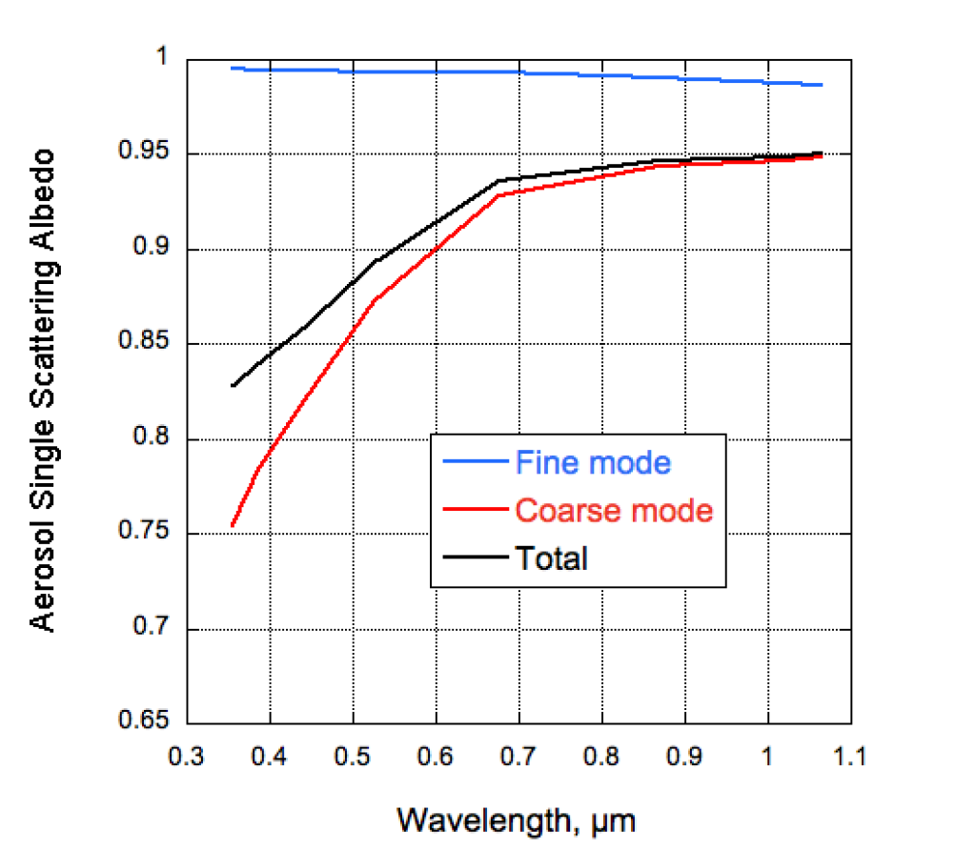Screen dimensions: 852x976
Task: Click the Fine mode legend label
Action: tap(593, 462)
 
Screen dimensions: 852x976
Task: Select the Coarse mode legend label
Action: tap(613, 510)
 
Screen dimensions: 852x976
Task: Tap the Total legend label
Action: tap(551, 558)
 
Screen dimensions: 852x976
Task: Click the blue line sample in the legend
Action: tap(475, 463)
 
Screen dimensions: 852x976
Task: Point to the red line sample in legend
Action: tap(475, 511)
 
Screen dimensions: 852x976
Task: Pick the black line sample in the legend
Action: tap(475, 558)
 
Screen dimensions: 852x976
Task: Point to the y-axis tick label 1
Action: tap(162, 58)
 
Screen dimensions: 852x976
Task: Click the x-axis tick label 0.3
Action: tap(187, 757)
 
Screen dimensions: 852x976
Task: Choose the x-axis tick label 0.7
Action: tap(519, 757)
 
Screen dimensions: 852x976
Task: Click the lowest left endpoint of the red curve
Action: tap(232, 526)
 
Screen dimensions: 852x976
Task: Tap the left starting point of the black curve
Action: tap(232, 386)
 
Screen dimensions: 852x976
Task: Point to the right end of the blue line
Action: tap(822, 85)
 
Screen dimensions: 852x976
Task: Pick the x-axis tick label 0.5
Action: tap(353, 757)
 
